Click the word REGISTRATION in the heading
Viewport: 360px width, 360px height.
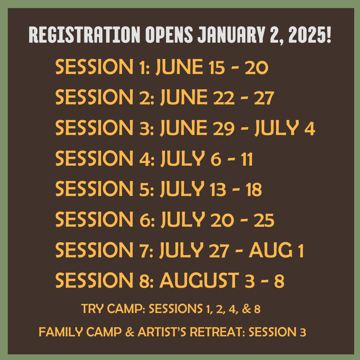[x=84, y=35]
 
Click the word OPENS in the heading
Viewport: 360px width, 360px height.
[x=169, y=35]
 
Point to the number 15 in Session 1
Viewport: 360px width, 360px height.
[x=217, y=67]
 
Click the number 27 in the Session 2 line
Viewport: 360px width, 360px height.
[x=264, y=98]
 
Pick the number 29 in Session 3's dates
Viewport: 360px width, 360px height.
[x=224, y=128]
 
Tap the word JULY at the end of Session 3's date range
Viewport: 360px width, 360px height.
[x=276, y=128]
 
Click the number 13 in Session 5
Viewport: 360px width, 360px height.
[x=218, y=189]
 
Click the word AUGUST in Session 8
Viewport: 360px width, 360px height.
[x=199, y=280]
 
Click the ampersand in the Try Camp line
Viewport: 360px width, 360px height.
[x=246, y=309]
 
